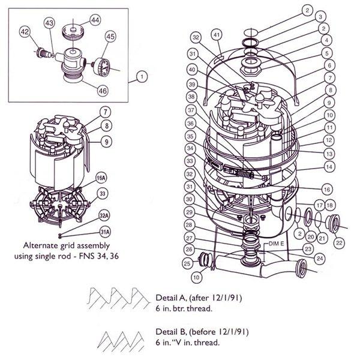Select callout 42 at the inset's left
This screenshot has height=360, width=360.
click(x=25, y=31)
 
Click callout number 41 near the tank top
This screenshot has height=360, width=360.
click(x=217, y=36)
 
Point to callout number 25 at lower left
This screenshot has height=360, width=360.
click(x=187, y=263)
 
